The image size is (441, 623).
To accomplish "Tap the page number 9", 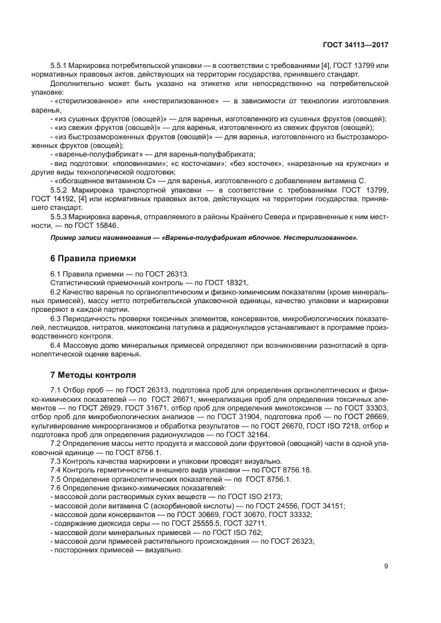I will (x=386, y=566).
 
